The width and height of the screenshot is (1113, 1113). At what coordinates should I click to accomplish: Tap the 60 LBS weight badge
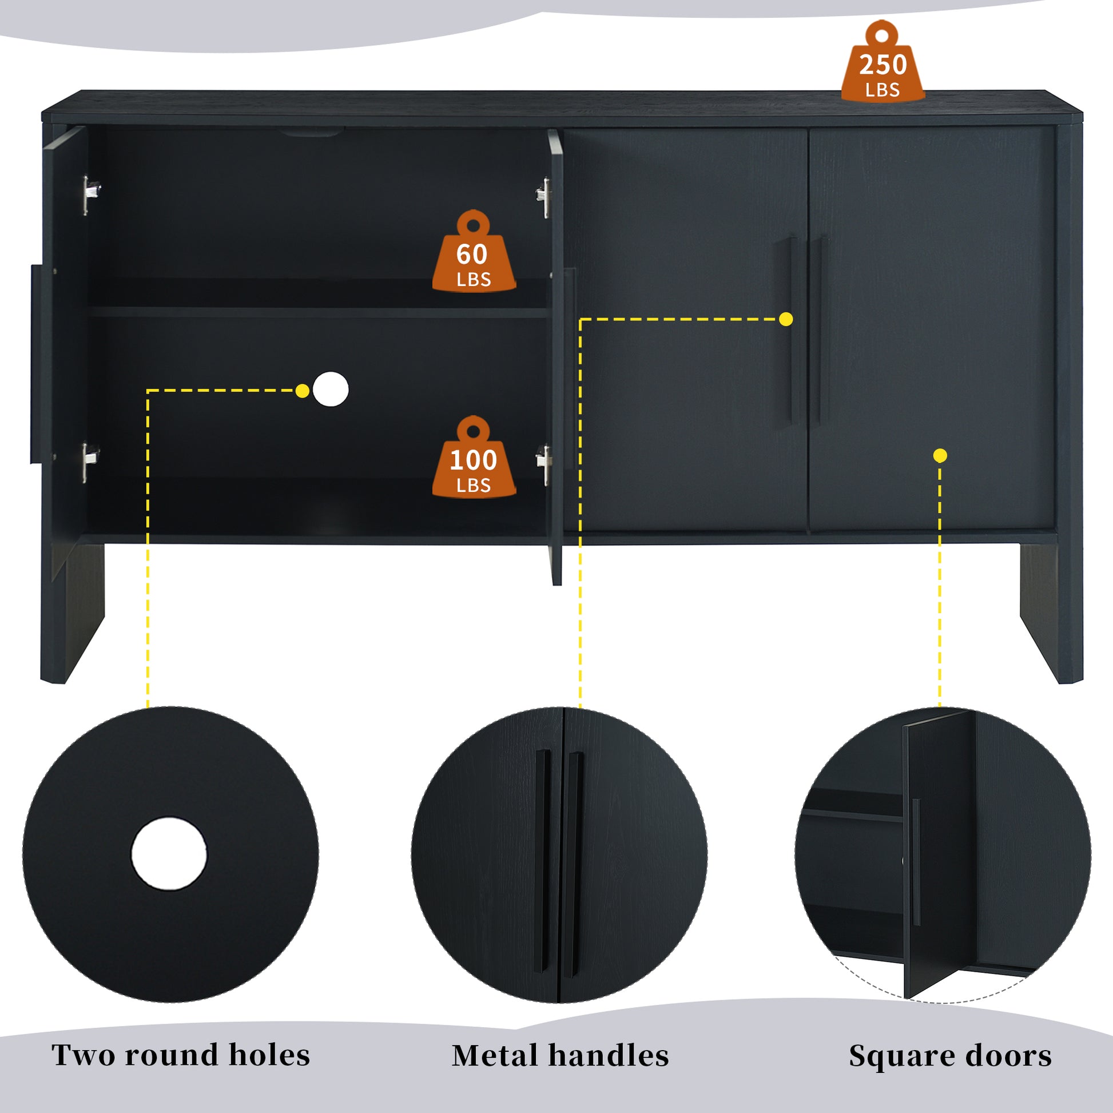pos(474,254)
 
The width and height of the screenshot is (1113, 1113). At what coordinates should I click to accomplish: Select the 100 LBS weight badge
pos(474,460)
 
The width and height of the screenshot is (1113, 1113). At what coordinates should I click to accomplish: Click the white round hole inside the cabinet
pos(331,389)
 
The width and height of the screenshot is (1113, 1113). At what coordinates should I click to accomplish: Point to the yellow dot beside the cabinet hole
pos(302,391)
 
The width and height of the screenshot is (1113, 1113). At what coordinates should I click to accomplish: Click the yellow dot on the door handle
pos(786,319)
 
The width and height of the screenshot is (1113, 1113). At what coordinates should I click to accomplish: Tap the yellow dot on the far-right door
pos(940,456)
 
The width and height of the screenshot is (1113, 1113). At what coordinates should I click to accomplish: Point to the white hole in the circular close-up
pos(169,854)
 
